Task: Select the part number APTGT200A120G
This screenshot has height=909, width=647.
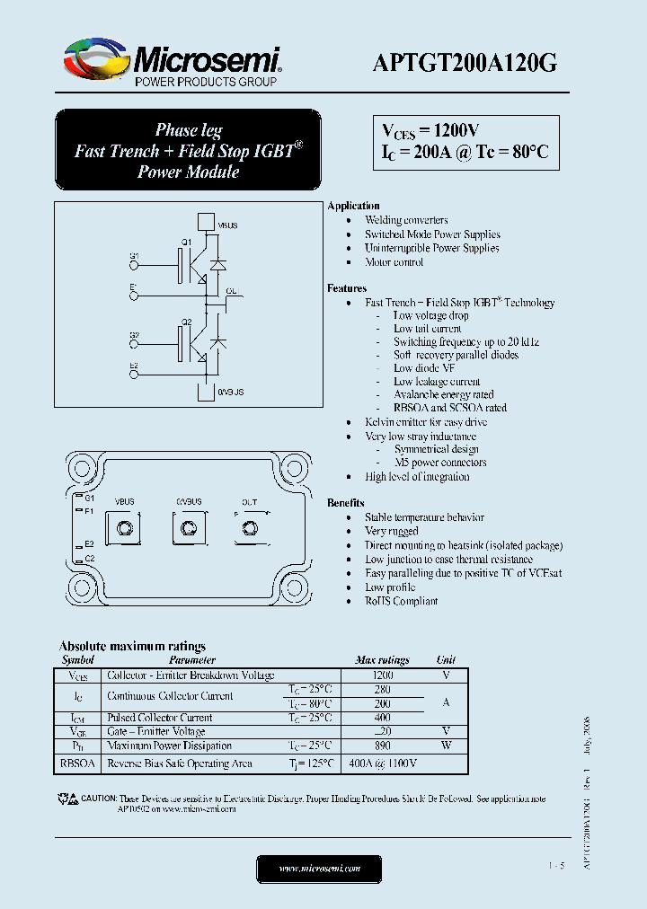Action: (465, 62)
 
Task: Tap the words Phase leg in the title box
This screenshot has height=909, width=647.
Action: (189, 130)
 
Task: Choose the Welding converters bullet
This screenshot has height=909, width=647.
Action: (406, 220)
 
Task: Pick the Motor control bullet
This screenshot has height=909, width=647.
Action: (394, 262)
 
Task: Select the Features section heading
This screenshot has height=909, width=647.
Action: (347, 288)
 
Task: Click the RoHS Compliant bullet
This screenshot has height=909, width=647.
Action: (401, 601)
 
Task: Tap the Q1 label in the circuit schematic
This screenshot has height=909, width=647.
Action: (187, 243)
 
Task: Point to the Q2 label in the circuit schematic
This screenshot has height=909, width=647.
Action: (187, 322)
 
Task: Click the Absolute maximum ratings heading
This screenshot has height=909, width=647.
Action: (132, 646)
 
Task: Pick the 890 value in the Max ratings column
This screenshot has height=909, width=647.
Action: (382, 746)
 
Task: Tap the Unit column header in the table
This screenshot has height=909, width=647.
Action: (446, 660)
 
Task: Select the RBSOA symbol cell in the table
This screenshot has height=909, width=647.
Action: (78, 763)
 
